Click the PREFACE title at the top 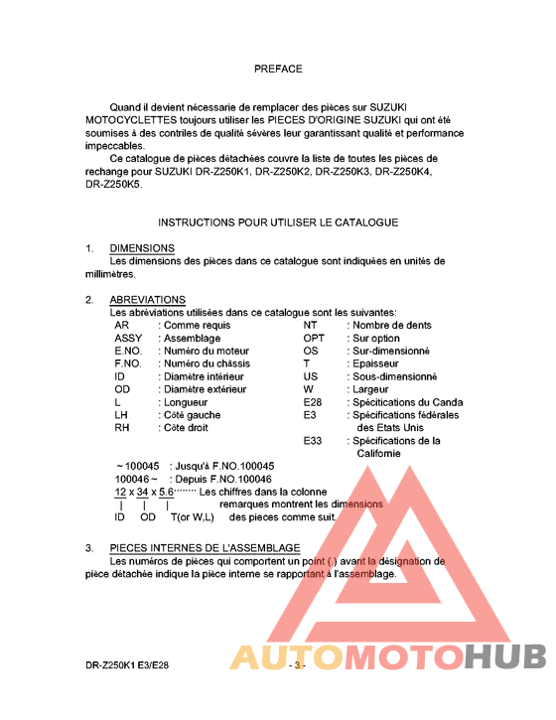[278, 69]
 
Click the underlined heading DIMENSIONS [142, 248]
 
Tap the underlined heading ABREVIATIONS [147, 300]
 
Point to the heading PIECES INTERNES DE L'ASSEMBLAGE [205, 547]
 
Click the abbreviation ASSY [129, 338]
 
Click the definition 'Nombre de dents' [391, 325]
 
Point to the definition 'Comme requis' [198, 325]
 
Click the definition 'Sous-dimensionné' [393, 376]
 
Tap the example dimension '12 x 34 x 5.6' [144, 492]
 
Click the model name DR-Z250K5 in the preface [113, 184]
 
